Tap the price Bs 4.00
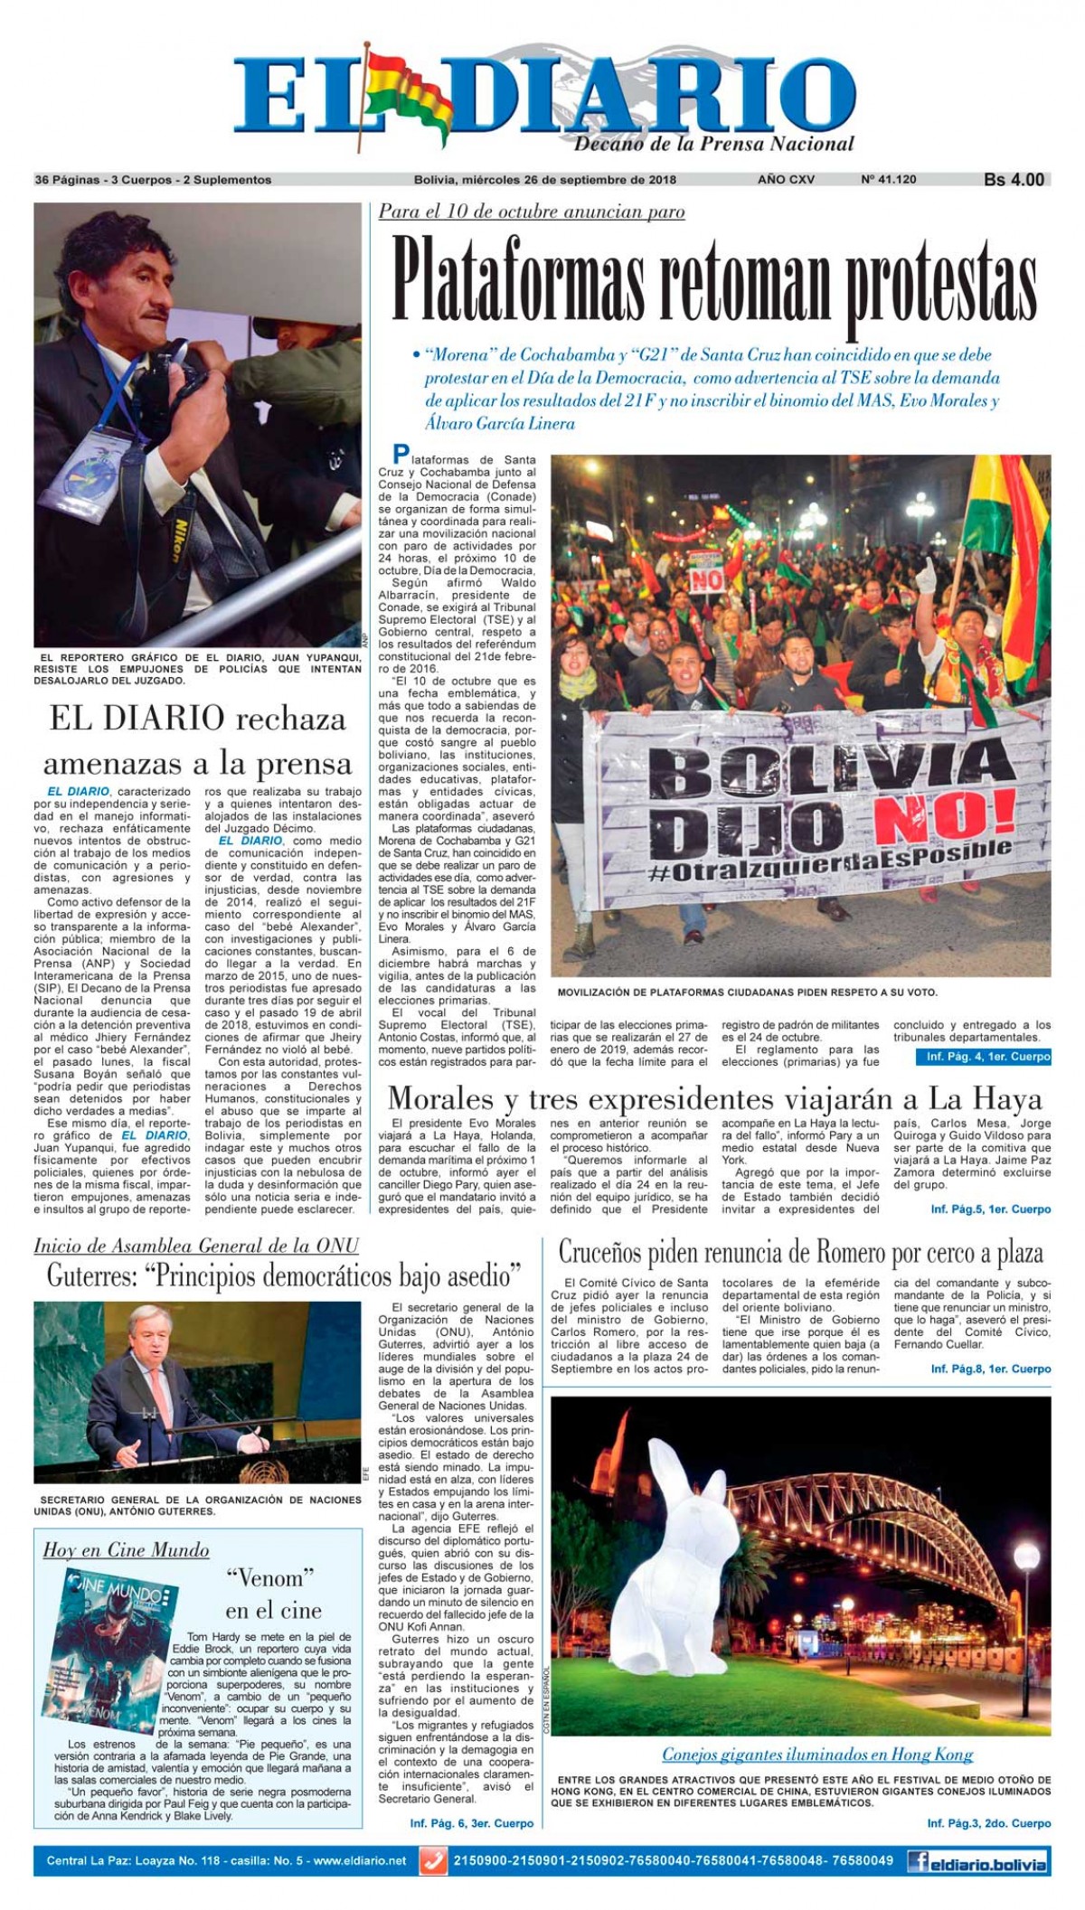(x=1014, y=180)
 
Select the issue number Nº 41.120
(x=888, y=180)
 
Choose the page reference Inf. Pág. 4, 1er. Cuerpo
(x=988, y=1056)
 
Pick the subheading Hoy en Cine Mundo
(x=126, y=1550)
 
